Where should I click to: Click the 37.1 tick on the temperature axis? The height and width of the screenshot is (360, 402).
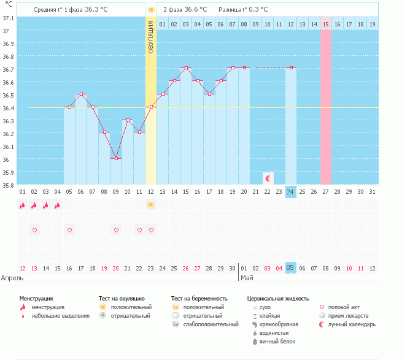9,18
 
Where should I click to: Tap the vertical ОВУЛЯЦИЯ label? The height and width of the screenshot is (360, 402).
151,37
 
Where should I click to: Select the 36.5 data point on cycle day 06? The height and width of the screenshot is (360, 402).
81,94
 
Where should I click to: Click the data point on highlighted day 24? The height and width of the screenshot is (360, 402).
291,67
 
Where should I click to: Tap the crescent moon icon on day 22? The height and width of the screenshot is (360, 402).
268,178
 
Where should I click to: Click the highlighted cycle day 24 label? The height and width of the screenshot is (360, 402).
291,191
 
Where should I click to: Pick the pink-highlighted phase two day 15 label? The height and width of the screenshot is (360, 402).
325,24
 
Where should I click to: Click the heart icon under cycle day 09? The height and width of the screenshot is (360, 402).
116,230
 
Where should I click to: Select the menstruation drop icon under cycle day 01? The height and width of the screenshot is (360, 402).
23,205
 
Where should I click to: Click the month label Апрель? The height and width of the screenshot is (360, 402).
13,278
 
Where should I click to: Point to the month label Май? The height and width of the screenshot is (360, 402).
246,278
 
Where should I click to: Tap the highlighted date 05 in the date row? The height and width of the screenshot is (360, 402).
291,268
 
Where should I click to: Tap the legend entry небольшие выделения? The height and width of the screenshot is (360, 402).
60,316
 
